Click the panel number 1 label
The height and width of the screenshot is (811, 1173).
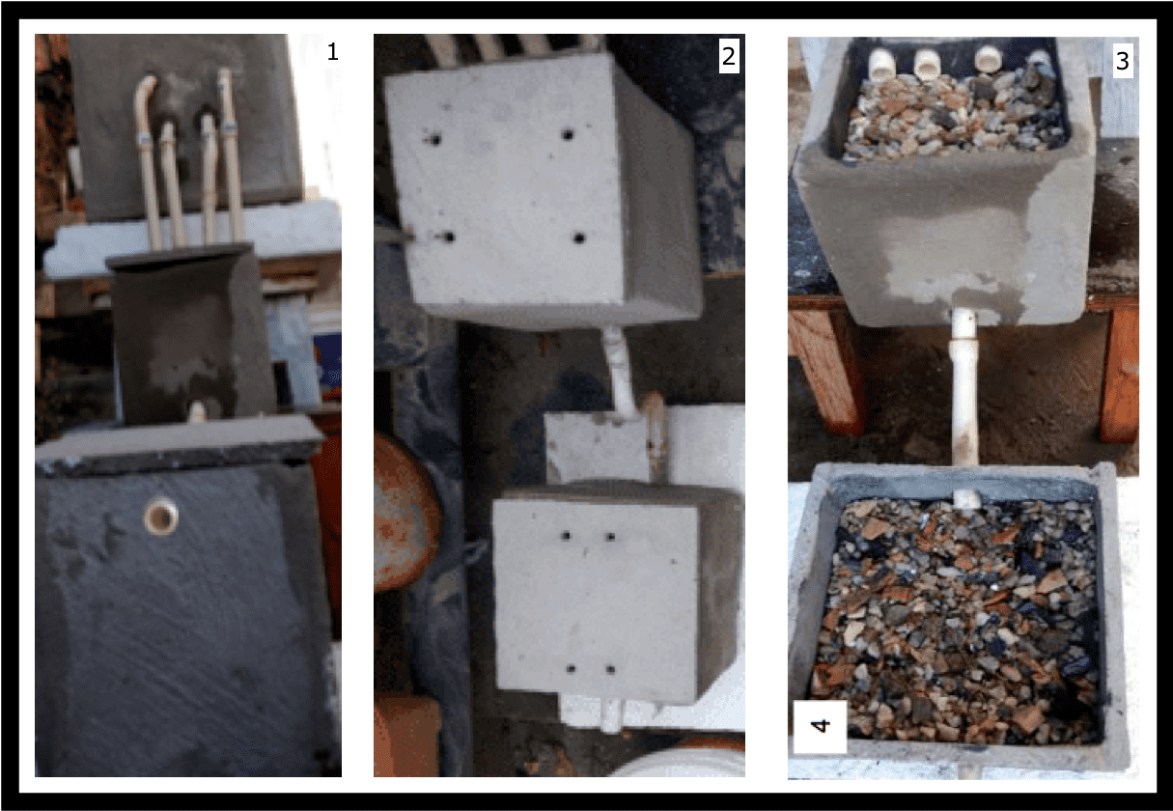tap(332, 52)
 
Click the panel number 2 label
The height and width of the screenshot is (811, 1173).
tap(728, 55)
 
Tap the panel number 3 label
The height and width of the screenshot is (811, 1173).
tap(1122, 61)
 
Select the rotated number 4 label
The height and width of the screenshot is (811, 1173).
tap(820, 726)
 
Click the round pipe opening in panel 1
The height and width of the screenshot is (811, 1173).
tap(161, 517)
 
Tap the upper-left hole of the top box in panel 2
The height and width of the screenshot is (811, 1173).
tap(434, 140)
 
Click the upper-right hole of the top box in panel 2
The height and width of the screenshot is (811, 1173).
tap(568, 135)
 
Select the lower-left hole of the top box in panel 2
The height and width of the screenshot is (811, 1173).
tap(448, 238)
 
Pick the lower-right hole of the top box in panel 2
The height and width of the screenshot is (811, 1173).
tap(579, 238)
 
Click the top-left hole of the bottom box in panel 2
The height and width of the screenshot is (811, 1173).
tap(566, 536)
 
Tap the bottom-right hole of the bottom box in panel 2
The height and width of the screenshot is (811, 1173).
tap(610, 668)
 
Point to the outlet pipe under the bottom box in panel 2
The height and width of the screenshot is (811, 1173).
tap(611, 715)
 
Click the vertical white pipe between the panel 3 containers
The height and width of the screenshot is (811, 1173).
tap(964, 386)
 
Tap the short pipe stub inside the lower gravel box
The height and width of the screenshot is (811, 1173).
tap(966, 499)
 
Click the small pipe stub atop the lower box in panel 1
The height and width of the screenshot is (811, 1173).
tap(197, 411)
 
